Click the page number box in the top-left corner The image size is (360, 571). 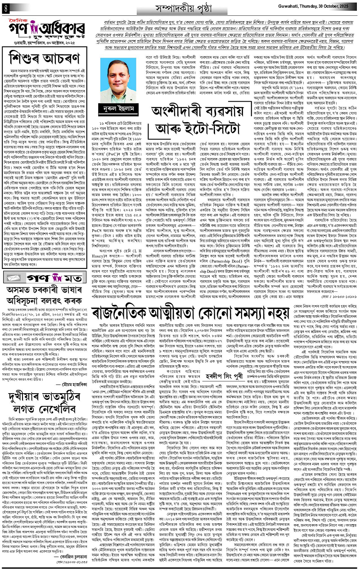[5, 7]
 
